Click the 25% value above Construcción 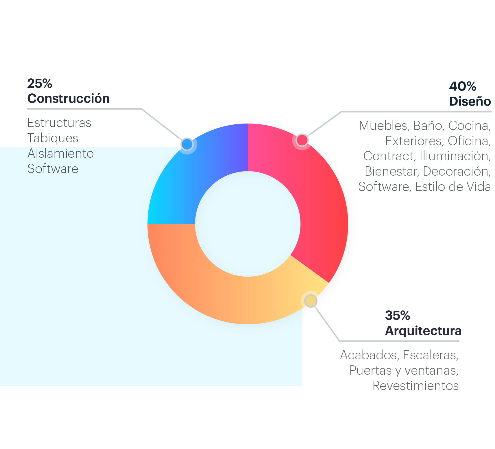40,84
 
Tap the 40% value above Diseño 463,86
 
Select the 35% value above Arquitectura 398,315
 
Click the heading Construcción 69,98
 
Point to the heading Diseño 470,101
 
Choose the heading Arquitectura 423,331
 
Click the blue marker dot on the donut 187,144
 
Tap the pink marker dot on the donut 302,140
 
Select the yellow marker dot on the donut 311,301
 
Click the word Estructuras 59,123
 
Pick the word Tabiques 53,138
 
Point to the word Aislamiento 61,153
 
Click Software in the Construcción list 53,169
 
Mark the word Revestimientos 415,386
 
